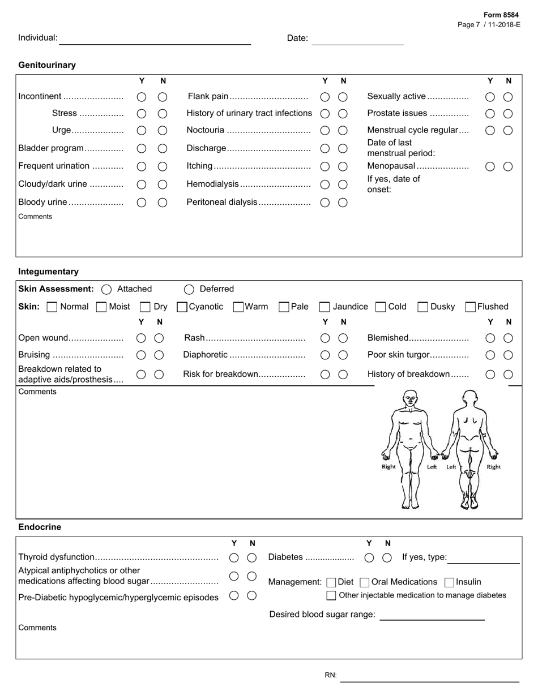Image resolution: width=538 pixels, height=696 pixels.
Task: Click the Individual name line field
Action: [x=155, y=39]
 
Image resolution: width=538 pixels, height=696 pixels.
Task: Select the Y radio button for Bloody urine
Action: [x=142, y=203]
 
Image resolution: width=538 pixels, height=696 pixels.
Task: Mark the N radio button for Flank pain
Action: [x=343, y=97]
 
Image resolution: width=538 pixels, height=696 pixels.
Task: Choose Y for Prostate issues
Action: [x=490, y=114]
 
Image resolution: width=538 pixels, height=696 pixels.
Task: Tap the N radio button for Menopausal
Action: [x=508, y=166]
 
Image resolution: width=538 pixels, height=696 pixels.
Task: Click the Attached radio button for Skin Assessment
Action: [x=106, y=289]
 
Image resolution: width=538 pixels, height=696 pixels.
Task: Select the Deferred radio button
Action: [x=189, y=289]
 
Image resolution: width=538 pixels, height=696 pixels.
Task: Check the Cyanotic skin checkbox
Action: [x=182, y=307]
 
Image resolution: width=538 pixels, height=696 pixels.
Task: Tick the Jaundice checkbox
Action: [x=324, y=307]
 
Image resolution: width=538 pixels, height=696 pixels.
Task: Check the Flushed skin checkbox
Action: [x=470, y=307]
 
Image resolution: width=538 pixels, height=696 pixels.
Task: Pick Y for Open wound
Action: [x=142, y=338]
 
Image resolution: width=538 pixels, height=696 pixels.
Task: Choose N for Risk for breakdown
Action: [x=343, y=375]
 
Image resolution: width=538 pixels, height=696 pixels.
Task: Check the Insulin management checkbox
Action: [x=449, y=582]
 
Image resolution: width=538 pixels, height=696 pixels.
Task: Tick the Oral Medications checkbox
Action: [x=365, y=582]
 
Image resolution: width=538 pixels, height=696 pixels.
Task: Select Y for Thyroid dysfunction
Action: [x=234, y=558]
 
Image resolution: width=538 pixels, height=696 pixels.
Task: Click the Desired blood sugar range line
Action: [x=432, y=615]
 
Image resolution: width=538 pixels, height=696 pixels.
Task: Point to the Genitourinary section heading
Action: [x=47, y=65]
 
